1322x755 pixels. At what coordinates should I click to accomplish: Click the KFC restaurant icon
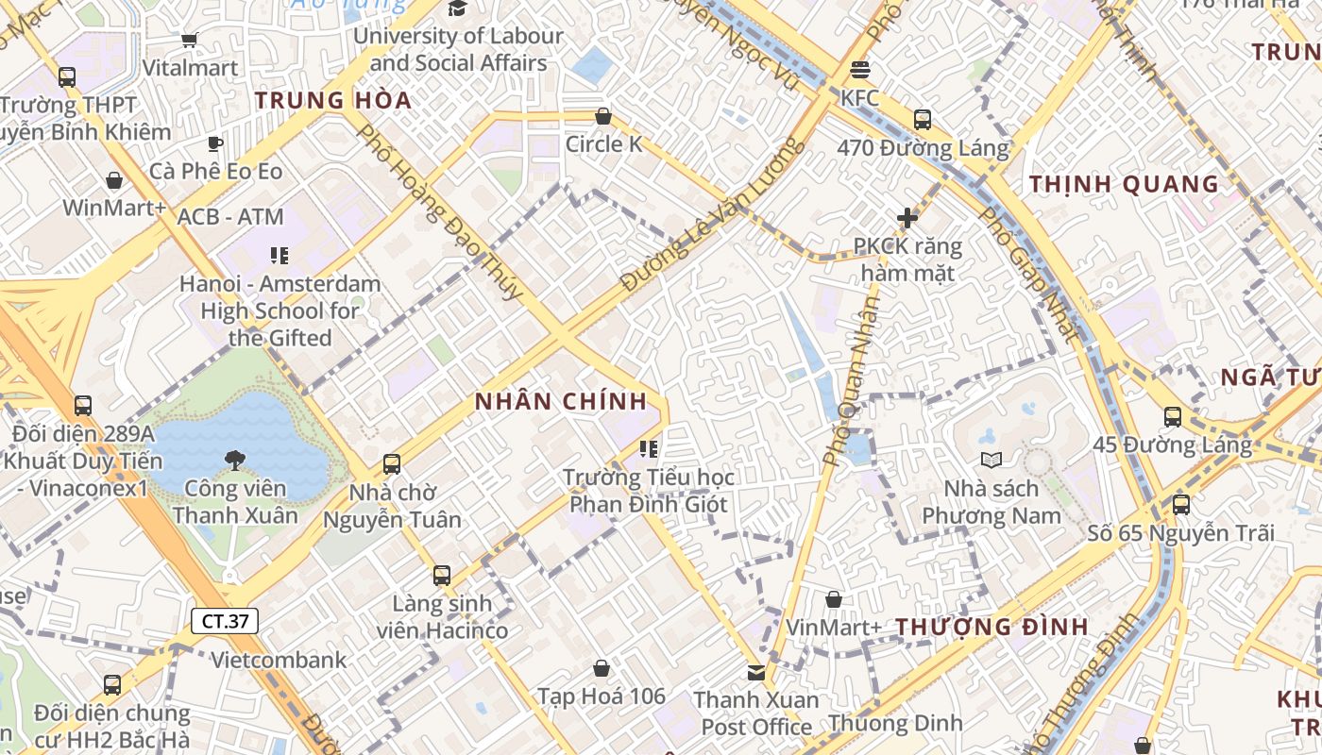(x=859, y=70)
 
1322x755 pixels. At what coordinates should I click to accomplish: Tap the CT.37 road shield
(x=225, y=621)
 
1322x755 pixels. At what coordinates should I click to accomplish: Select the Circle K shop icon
(x=603, y=116)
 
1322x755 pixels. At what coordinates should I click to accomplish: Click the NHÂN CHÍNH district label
(x=561, y=401)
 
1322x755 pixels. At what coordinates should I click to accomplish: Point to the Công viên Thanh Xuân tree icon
(x=234, y=460)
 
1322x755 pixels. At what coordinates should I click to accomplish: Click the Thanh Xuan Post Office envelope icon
(x=756, y=672)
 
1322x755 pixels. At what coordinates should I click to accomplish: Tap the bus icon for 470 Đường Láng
(x=923, y=120)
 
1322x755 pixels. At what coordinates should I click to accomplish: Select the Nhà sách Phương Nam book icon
(x=991, y=460)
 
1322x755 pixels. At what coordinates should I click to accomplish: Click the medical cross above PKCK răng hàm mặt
(x=907, y=218)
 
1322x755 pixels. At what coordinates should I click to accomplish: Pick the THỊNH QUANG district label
(x=1124, y=184)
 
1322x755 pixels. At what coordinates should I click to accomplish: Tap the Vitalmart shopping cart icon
(x=189, y=40)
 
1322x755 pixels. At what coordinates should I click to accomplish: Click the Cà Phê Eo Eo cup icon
(x=215, y=143)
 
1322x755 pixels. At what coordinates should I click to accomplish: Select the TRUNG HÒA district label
(x=333, y=100)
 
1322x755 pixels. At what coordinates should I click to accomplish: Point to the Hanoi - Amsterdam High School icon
(x=280, y=255)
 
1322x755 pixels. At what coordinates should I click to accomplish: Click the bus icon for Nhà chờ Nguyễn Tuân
(x=392, y=464)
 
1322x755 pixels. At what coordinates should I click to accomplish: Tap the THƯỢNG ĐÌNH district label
(x=991, y=627)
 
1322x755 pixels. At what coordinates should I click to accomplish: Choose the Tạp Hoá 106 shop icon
(x=602, y=668)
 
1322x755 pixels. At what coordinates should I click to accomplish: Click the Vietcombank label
(x=279, y=660)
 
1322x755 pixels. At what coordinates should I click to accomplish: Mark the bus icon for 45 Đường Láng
(x=1173, y=416)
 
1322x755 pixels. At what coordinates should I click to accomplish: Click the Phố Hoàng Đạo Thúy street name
(x=439, y=212)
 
